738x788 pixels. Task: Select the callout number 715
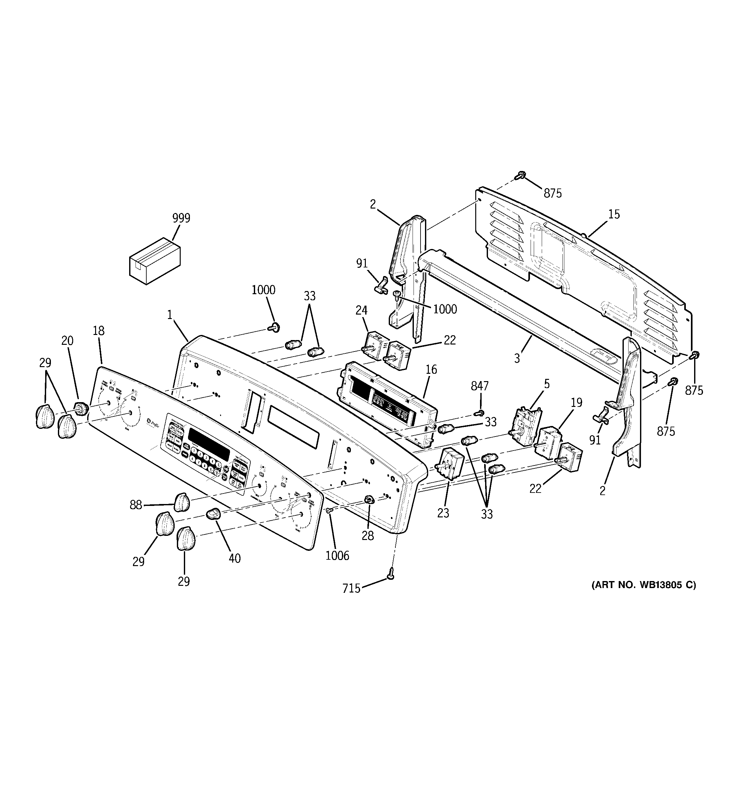(352, 589)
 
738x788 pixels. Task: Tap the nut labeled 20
(81, 408)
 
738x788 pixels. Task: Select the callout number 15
(614, 215)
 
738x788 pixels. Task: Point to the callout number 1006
(337, 556)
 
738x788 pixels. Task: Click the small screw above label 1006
(328, 511)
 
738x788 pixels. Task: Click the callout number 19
(576, 403)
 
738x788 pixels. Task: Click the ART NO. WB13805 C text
(643, 585)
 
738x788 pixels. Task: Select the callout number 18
(99, 330)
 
